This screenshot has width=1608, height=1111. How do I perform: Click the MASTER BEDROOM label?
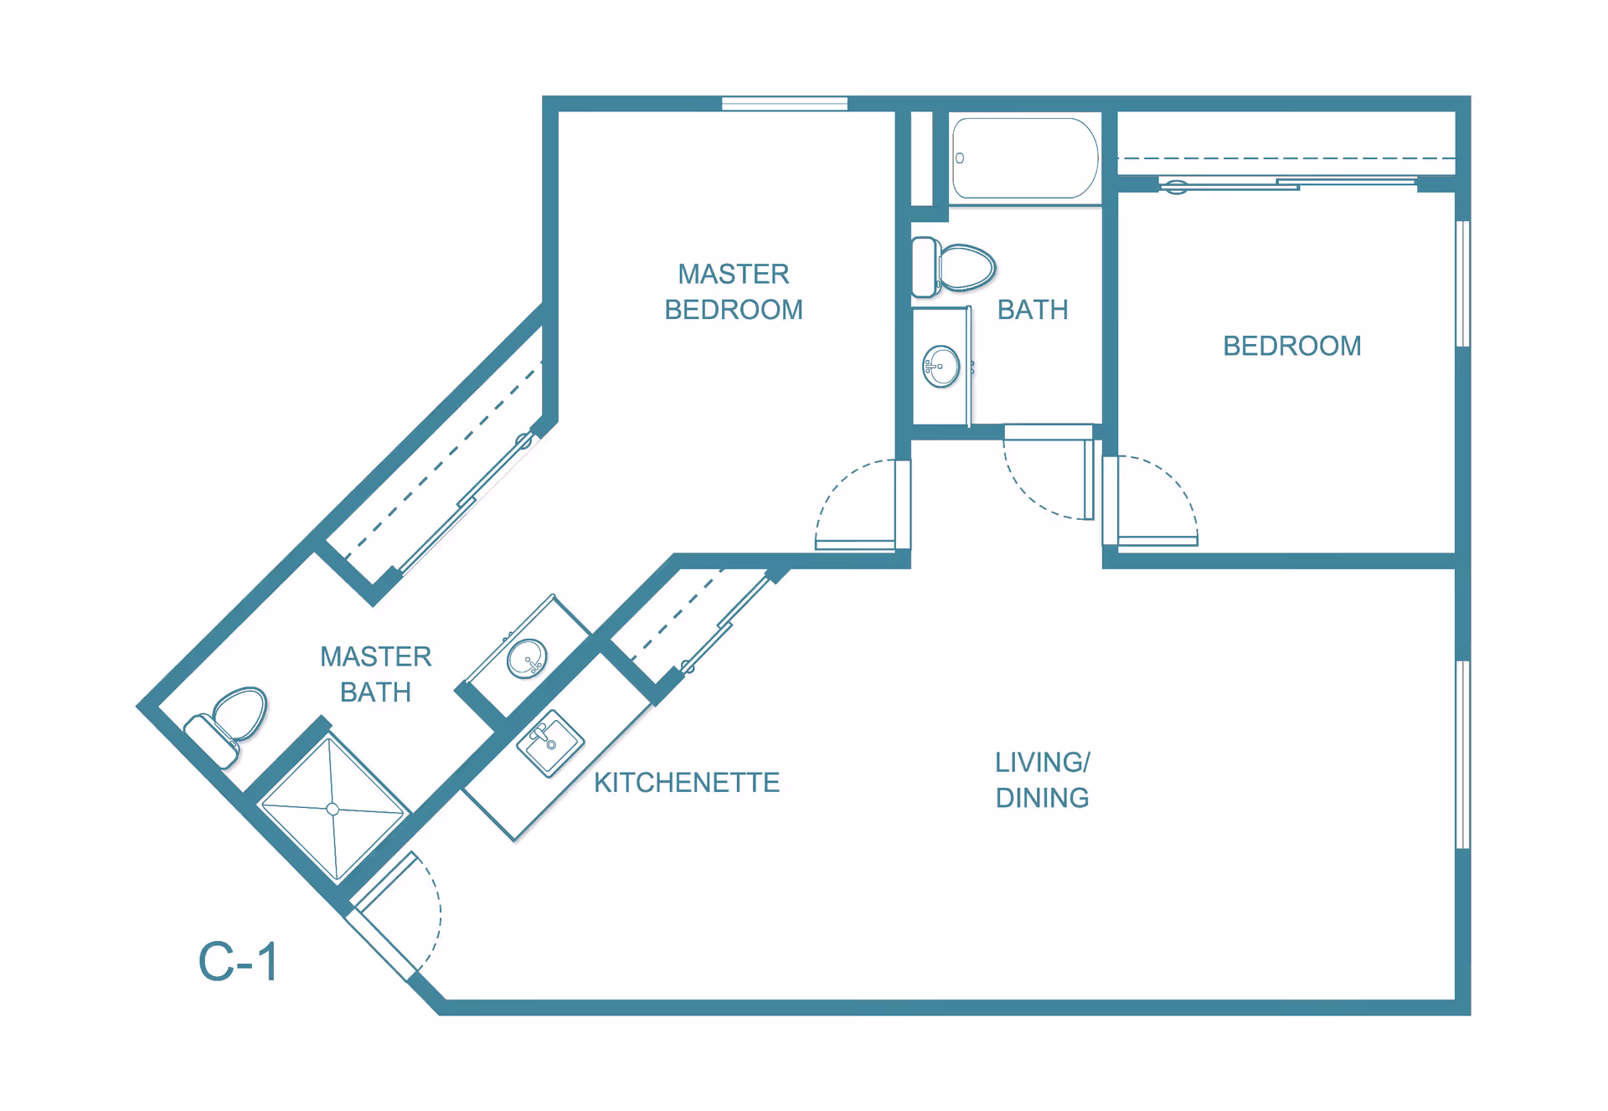coord(734,291)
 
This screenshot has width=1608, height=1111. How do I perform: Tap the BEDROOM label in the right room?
coord(1292,346)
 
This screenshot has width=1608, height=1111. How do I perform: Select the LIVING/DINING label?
coord(1043,779)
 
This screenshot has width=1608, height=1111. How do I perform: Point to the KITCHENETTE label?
coord(687,783)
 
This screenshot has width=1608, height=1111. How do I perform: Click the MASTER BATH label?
coord(376,674)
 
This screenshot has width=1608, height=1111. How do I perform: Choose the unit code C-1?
coord(238,961)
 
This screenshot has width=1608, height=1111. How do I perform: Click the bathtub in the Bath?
coord(1025,158)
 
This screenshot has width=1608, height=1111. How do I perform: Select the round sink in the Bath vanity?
coord(941,366)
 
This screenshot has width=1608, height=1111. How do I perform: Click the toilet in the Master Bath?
coord(228,726)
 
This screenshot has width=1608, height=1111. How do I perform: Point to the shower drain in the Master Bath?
coord(332,809)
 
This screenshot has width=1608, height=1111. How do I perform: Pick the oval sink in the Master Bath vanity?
coord(527,658)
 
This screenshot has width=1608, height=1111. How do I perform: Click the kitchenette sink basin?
coord(549,743)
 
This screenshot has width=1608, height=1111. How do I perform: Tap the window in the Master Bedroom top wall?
coord(785,104)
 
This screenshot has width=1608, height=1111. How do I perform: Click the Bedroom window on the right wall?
coord(1463,284)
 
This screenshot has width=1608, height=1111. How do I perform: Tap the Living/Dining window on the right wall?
coord(1463,754)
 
